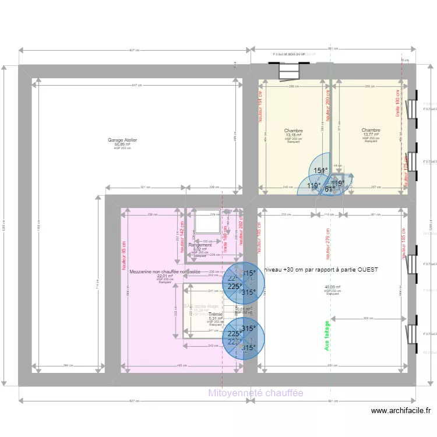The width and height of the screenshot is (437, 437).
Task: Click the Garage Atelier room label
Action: coord(122,140)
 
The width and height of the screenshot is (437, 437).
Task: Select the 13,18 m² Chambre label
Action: coord(293,131)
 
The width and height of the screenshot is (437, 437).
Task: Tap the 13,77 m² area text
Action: coord(371,135)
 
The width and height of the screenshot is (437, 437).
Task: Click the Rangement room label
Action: coord(200,245)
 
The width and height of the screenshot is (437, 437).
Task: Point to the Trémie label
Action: coord(216,314)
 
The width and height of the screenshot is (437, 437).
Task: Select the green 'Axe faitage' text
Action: coord(326,337)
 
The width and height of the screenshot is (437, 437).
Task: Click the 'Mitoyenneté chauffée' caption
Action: coord(256,393)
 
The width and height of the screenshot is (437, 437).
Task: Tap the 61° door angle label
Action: coord(329,188)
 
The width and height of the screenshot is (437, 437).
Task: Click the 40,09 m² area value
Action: coord(333,287)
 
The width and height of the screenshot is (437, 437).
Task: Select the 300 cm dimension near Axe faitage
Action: coord(367,318)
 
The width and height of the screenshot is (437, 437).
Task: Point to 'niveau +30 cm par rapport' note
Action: coord(321,270)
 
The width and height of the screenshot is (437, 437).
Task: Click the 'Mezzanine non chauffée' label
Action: coord(164,272)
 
